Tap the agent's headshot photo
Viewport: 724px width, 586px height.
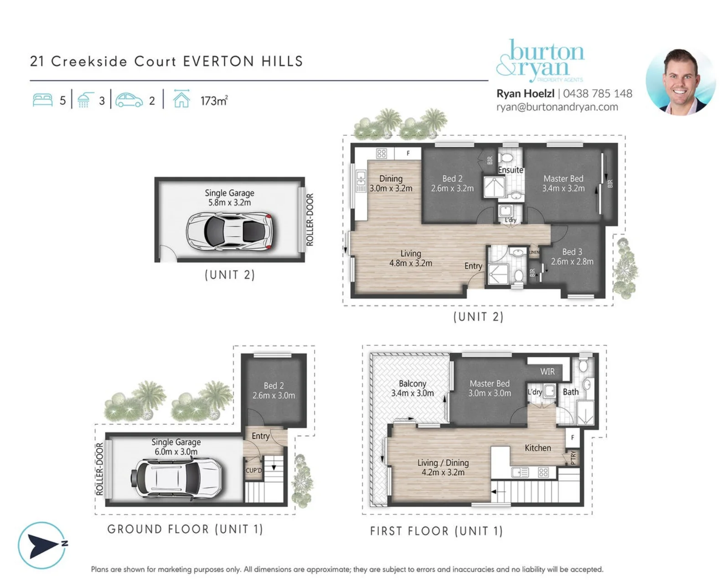coord(680,82)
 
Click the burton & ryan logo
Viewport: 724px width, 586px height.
coord(540,61)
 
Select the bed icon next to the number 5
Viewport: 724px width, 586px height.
coord(42,100)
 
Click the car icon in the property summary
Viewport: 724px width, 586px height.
coord(129,100)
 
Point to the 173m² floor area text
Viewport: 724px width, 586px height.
coord(213,101)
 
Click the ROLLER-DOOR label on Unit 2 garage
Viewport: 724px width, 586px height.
coord(309,219)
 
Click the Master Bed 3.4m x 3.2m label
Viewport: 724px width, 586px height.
coord(563,183)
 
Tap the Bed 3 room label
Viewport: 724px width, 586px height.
coord(572,256)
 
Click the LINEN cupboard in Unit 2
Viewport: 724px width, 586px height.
coord(533,252)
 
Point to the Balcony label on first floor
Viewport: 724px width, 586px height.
coord(412,388)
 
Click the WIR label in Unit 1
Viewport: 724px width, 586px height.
coord(547,371)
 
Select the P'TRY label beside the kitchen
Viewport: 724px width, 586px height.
coord(573,457)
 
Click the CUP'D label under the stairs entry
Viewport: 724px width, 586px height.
coord(253,470)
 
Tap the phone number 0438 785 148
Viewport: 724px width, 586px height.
coord(598,93)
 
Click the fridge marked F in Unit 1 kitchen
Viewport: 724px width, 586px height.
coord(572,437)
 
